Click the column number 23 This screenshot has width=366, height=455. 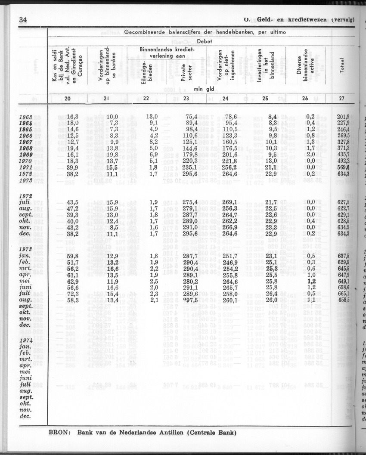(x=186, y=99)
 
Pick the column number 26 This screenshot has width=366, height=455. (x=305, y=99)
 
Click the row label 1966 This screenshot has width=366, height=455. (x=26, y=136)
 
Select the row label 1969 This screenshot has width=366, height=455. (x=26, y=154)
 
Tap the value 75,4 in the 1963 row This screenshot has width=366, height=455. (x=191, y=117)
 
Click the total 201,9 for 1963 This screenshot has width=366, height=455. (x=343, y=117)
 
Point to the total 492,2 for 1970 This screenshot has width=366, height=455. (x=343, y=161)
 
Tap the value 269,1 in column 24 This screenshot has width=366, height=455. (x=230, y=202)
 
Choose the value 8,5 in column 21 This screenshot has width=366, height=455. (x=113, y=227)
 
